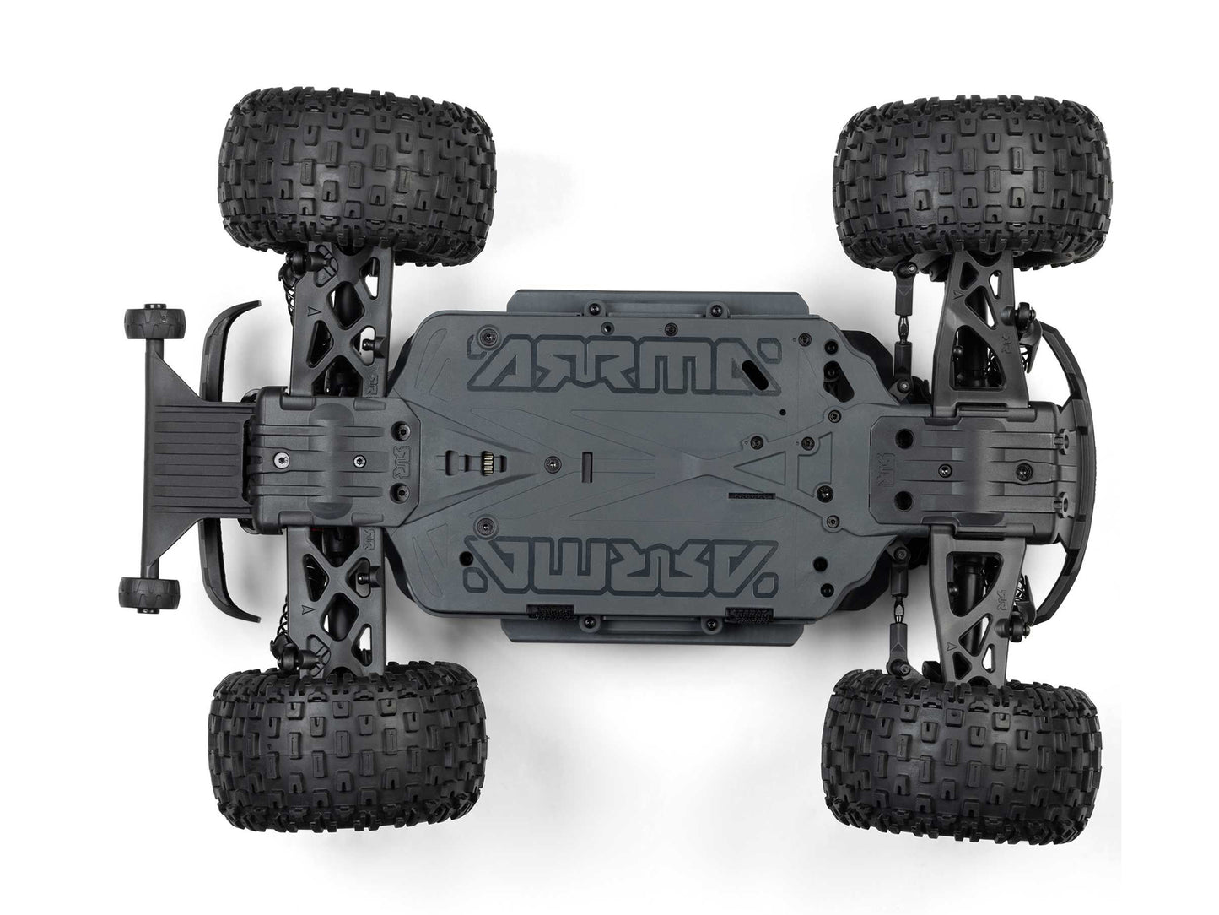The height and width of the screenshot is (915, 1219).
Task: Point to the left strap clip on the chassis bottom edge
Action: (x=543, y=611)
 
